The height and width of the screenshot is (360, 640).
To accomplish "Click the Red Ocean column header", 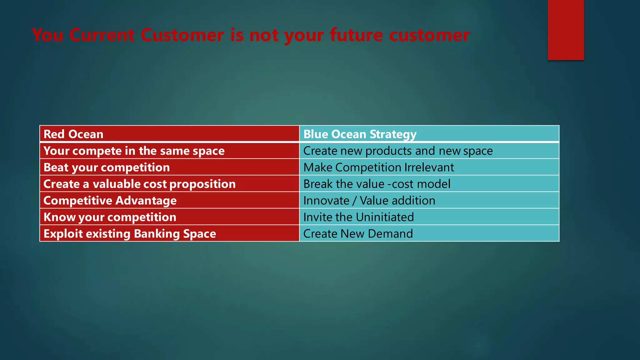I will tap(169, 134).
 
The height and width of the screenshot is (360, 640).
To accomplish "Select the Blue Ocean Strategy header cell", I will tap(429, 134).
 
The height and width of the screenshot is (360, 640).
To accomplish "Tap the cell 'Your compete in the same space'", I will tap(169, 151).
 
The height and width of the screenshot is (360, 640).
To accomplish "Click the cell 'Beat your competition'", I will tap(169, 167).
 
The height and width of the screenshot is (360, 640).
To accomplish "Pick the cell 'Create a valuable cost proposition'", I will tap(169, 184).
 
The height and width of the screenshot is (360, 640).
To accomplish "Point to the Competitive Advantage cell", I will tap(169, 201).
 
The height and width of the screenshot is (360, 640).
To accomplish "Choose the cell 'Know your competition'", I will tap(169, 217).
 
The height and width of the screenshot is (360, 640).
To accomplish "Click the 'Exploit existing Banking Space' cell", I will tap(169, 234).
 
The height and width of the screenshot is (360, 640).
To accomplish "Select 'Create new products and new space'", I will tap(429, 151).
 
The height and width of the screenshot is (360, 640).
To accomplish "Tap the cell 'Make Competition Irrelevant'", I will tap(429, 167).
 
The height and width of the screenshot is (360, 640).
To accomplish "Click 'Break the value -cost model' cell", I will tap(429, 184).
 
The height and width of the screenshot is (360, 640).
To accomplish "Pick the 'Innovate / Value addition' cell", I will tap(429, 201).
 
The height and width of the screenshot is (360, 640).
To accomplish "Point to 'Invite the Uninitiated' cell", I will tap(429, 217).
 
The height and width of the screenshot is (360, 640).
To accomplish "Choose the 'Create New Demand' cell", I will tap(429, 234).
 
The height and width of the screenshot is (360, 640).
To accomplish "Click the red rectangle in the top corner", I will tap(566, 30).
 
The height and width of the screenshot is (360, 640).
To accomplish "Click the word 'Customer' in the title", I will tap(182, 35).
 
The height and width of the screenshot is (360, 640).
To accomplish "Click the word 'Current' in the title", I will tap(102, 35).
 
